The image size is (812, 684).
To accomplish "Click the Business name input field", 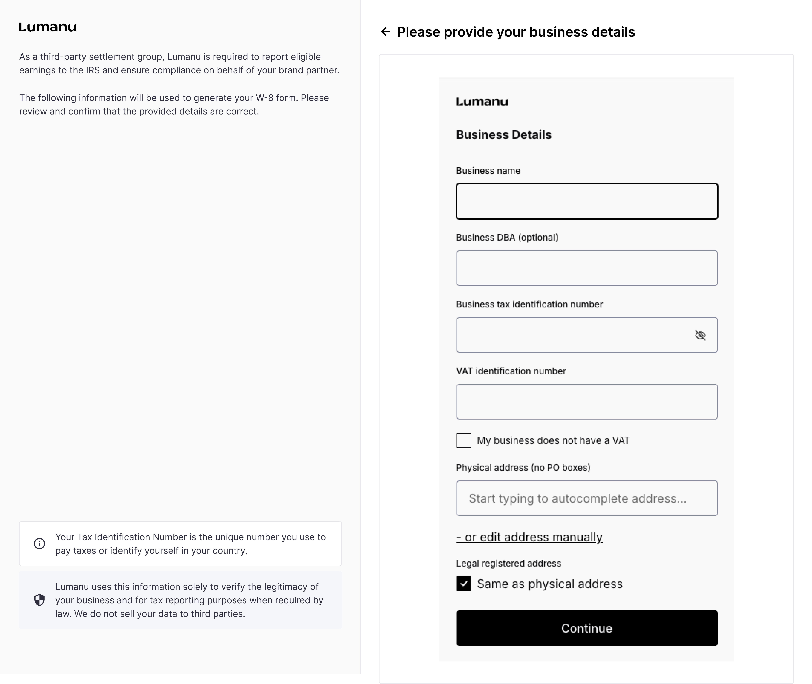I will (587, 201).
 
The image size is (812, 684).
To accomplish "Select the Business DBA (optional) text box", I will (587, 268).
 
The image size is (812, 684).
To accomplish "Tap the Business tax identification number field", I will (574, 335).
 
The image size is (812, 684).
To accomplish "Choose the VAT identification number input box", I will (587, 402).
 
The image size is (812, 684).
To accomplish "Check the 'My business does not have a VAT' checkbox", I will (464, 441).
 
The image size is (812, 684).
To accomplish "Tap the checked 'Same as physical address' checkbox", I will (464, 584).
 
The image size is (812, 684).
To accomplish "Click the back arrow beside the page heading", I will (385, 32).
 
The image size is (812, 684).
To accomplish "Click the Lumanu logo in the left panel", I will (48, 27).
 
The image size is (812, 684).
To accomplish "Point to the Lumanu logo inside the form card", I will (482, 102).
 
